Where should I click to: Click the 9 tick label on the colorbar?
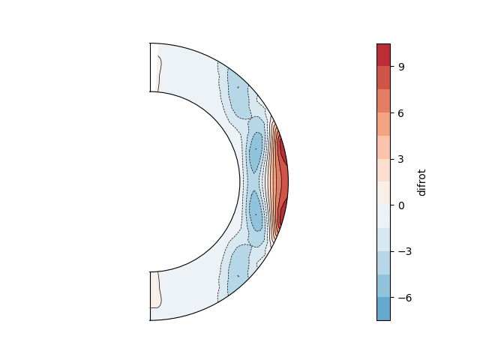[x=401, y=67]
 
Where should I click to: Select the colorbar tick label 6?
[x=401, y=113]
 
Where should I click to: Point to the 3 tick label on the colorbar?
[x=401, y=159]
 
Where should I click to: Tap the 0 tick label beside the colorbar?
[x=401, y=205]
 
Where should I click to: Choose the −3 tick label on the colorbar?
[x=405, y=252]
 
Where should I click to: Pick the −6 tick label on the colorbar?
[x=405, y=298]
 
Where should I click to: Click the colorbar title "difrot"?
[x=421, y=182]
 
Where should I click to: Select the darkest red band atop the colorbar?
[x=383, y=55]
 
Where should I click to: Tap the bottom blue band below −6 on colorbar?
[x=383, y=309]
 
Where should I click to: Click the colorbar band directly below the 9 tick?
[x=383, y=78]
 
